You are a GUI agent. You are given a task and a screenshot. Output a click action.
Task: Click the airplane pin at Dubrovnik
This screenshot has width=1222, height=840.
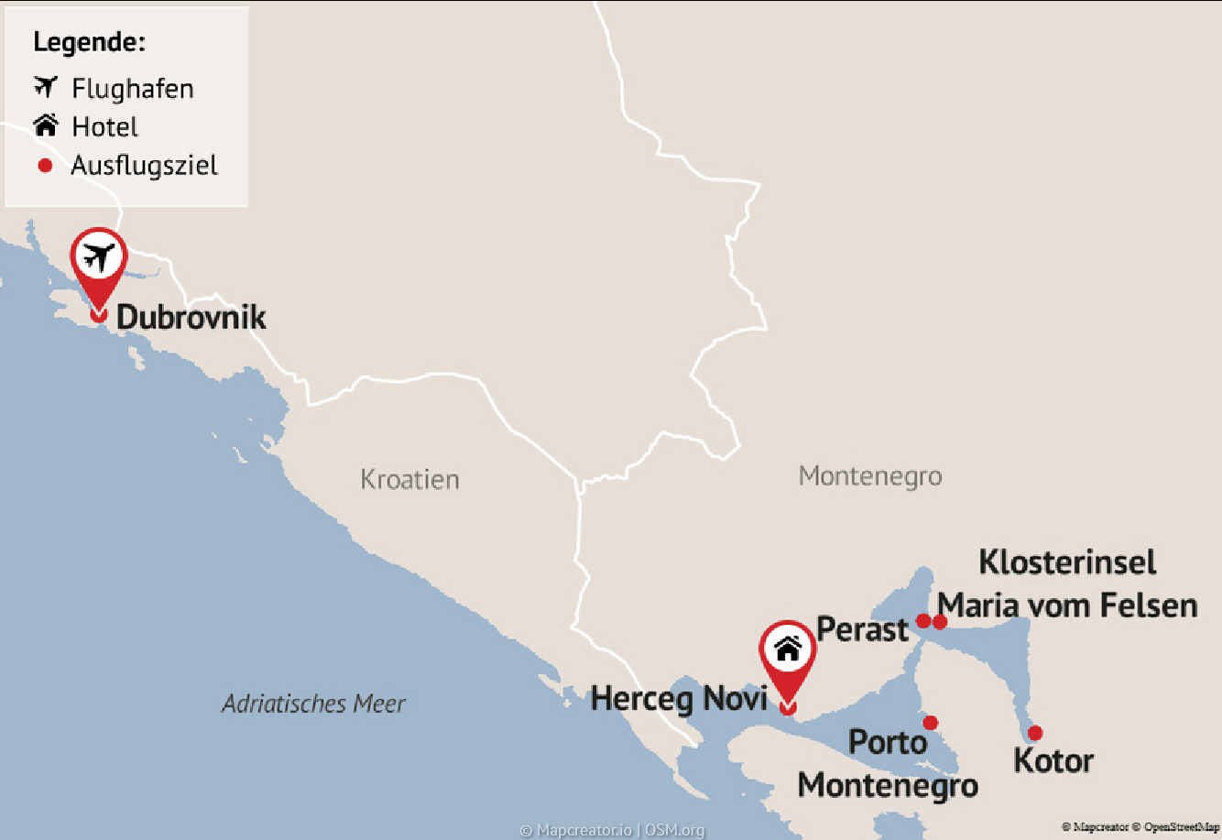99,259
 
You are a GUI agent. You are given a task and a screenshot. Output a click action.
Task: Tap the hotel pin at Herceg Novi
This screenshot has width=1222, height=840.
788,651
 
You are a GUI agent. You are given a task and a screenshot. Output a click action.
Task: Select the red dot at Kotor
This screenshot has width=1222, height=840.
1035,733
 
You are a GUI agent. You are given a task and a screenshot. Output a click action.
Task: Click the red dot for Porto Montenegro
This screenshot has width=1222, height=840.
931,723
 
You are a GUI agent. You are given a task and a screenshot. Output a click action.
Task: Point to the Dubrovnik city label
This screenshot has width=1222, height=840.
191,317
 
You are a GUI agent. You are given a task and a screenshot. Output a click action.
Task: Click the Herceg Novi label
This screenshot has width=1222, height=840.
679,699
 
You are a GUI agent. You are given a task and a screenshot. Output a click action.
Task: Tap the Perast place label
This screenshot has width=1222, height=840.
862,629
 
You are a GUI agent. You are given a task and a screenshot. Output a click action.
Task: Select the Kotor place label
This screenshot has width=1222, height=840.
1053,761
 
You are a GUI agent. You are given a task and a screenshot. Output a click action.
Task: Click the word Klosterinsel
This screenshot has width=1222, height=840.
1068,562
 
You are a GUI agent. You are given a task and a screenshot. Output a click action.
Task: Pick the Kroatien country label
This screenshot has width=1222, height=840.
409,479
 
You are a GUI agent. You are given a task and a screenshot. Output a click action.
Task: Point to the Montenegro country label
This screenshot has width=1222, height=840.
870,476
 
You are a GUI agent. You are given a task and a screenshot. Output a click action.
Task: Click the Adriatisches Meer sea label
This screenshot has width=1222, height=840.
313,704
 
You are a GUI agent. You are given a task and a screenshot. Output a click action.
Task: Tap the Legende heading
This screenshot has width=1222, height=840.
89,42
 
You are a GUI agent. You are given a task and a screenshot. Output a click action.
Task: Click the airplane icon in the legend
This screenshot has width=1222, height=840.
46,87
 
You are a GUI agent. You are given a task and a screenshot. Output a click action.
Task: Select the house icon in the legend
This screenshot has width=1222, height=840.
46,125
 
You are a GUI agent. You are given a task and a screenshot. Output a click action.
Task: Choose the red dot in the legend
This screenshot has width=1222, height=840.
45,166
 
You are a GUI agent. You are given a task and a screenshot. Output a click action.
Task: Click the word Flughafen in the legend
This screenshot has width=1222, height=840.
133,89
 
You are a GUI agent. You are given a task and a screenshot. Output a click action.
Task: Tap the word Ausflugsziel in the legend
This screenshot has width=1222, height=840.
145,166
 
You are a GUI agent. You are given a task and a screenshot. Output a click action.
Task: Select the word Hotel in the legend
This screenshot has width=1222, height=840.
105,127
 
